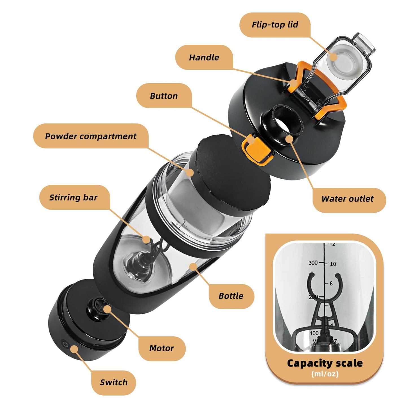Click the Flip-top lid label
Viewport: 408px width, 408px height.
[x=275, y=25]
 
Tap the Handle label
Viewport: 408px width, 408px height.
[x=204, y=58]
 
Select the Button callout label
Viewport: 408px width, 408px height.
[x=164, y=96]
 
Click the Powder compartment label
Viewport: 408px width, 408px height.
[x=91, y=136]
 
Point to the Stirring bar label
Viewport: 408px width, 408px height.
[x=73, y=197]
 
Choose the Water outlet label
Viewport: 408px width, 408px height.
[x=347, y=199]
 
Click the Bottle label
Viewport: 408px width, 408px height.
[x=231, y=296]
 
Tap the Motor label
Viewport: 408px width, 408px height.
[x=162, y=348]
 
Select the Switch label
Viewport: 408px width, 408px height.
[x=114, y=383]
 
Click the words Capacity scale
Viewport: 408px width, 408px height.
[x=325, y=363]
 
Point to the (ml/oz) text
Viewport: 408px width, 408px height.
[x=325, y=374]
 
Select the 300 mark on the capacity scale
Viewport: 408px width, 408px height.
[x=313, y=263]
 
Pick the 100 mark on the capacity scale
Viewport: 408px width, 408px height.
[x=314, y=333]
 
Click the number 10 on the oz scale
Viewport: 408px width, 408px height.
[x=333, y=264]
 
